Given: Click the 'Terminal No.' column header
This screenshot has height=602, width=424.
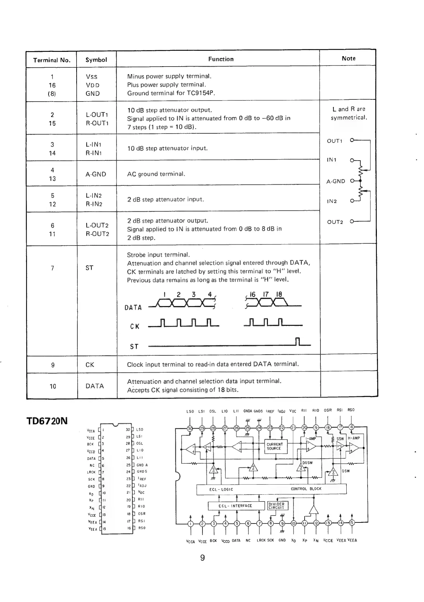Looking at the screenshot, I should [52, 60].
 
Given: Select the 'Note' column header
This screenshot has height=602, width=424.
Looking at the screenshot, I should [348, 58].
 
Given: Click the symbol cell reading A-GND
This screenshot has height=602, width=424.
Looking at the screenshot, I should [96, 174].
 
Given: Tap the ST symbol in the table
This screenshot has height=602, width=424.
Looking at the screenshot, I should [89, 268].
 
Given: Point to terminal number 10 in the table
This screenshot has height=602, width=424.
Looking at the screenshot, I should [53, 386].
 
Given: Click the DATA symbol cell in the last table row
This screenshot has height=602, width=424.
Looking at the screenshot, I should [95, 386].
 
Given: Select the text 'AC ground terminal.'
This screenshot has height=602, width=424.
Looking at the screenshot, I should [156, 174].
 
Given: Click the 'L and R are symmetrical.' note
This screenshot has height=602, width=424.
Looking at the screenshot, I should [348, 113].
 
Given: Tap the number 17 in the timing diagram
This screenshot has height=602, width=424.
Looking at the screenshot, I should [266, 295].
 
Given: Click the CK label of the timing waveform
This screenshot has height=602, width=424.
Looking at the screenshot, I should [135, 327].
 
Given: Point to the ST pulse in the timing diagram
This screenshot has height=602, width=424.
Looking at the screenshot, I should [297, 341].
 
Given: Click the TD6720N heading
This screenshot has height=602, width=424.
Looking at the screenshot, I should [47, 421].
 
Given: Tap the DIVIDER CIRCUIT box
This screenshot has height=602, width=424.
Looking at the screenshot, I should [276, 506].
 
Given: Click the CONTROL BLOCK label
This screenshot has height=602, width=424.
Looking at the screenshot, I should [306, 489].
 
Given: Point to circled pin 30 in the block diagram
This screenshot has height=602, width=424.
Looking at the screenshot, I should [190, 428].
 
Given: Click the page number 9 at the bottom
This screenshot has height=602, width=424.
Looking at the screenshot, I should [202, 558].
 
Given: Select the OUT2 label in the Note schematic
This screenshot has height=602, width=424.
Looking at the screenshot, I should [335, 222].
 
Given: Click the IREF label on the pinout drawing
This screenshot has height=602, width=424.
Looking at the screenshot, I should [141, 479].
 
